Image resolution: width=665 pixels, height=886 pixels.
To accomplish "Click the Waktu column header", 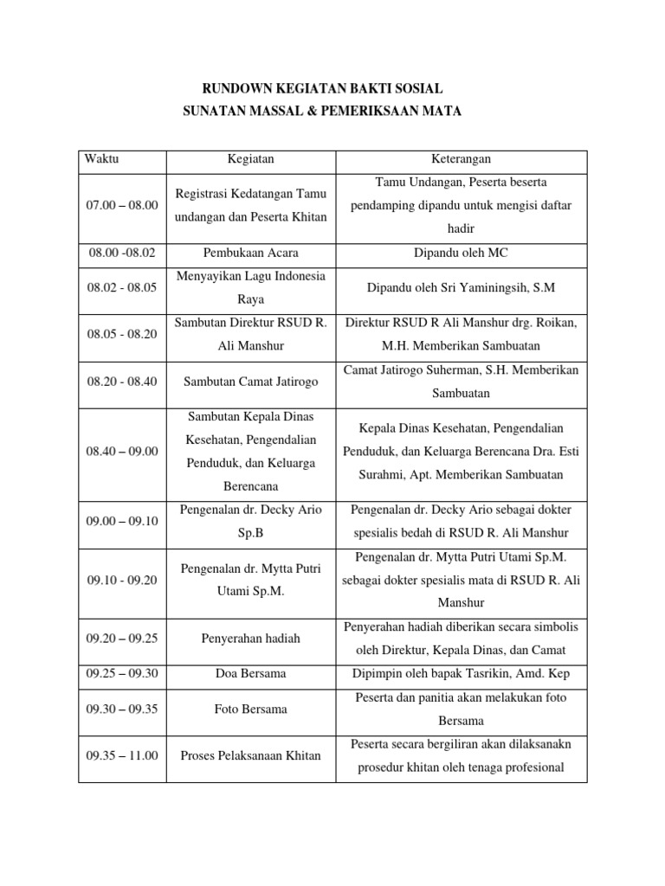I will coord(102,160).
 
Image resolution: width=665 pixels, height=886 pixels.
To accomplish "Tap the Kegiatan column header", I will coord(250,160).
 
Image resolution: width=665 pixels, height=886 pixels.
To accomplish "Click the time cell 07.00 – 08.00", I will coord(122,205).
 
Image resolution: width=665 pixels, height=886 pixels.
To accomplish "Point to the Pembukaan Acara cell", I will coord(250,252).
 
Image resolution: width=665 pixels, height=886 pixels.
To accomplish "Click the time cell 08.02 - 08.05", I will coord(122,288).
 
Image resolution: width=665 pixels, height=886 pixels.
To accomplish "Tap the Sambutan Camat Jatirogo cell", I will coord(250,381).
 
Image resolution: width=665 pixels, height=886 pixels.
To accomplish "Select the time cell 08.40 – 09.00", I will coord(122,452).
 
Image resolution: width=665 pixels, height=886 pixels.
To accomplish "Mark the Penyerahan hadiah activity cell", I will coord(250,639).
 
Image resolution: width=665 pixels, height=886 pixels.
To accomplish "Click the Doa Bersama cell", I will coord(250,673).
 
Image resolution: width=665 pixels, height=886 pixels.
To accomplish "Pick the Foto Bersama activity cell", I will coord(250,709).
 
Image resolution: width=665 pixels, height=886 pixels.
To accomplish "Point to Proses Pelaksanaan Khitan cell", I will coord(250,755).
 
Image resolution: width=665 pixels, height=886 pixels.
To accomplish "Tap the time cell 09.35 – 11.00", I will coord(122,755).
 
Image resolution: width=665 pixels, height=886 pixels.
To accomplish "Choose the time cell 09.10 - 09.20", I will coord(122,580).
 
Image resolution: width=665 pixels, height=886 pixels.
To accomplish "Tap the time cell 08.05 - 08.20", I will coord(122,334).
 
